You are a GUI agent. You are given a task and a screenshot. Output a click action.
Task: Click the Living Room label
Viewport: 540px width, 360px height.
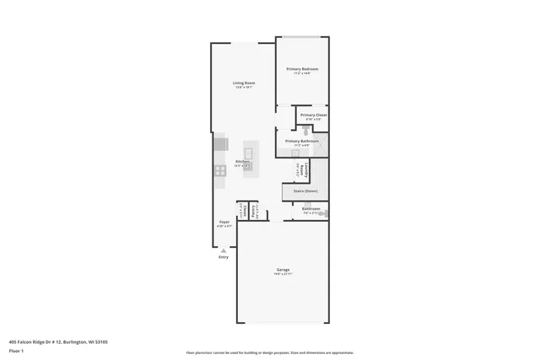tap(244, 83)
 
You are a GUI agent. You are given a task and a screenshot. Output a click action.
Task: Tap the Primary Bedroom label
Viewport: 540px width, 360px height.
tap(302, 69)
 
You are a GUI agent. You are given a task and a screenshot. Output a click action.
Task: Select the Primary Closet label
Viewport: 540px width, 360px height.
tap(313, 115)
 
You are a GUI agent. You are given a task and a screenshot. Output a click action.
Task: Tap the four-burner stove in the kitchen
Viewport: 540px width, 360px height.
tap(219, 170)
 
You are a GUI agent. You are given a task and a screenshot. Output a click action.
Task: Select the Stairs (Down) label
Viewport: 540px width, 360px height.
tap(305, 191)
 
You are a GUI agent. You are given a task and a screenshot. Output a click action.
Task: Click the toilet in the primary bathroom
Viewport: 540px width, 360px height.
tap(305, 132)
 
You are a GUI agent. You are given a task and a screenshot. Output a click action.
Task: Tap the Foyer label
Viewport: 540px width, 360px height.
tap(224, 223)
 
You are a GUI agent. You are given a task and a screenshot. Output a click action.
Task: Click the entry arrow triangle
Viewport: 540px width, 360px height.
tap(224, 250)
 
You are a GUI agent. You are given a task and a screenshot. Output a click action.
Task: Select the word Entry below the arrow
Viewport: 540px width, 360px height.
tap(224, 257)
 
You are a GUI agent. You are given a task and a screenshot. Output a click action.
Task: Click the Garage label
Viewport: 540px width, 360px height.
tap(283, 271)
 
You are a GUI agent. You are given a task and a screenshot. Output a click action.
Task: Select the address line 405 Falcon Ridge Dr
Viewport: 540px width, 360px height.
tap(58, 341)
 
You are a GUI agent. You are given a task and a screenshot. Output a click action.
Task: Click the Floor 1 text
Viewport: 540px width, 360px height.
tap(16, 350)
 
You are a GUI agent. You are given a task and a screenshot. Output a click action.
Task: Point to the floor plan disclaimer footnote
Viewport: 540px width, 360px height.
tap(269, 353)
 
